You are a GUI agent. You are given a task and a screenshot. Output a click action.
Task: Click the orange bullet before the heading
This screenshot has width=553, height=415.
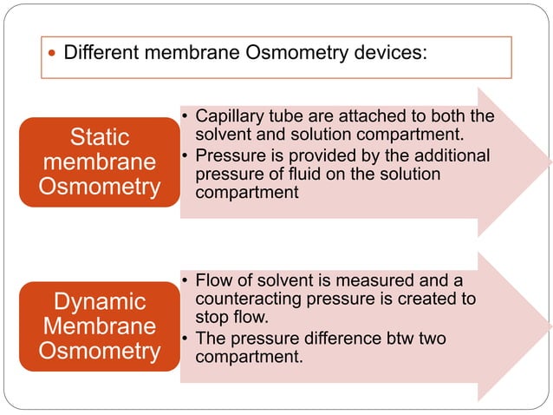(x=52, y=53)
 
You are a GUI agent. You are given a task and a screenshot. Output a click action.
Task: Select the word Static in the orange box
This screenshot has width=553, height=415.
(x=99, y=137)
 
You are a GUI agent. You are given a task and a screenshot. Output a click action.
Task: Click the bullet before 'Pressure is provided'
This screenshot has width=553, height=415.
(x=186, y=156)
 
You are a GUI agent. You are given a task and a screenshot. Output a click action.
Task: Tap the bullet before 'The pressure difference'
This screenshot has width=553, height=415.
(x=186, y=339)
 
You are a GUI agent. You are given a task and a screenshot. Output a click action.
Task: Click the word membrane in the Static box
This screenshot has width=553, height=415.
(x=99, y=162)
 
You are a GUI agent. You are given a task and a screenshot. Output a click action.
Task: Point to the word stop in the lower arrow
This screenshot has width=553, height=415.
(x=212, y=318)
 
